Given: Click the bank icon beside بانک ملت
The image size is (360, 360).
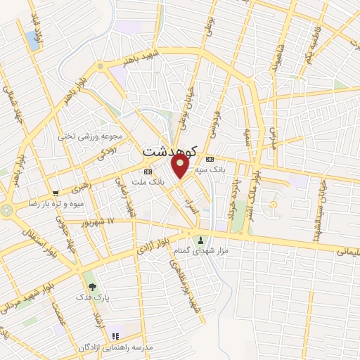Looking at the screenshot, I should pyautogui.click(x=148, y=171).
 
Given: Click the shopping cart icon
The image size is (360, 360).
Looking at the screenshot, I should pyautogui.click(x=56, y=192).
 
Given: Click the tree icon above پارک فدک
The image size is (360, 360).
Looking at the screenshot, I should pyautogui.click(x=92, y=287).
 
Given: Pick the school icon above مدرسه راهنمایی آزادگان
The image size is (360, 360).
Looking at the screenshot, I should pyautogui.click(x=116, y=335).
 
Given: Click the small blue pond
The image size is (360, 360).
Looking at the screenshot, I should pyautogui.click(x=33, y=40).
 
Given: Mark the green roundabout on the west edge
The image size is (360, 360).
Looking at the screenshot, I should pyautogui.click(x=6, y=210).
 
